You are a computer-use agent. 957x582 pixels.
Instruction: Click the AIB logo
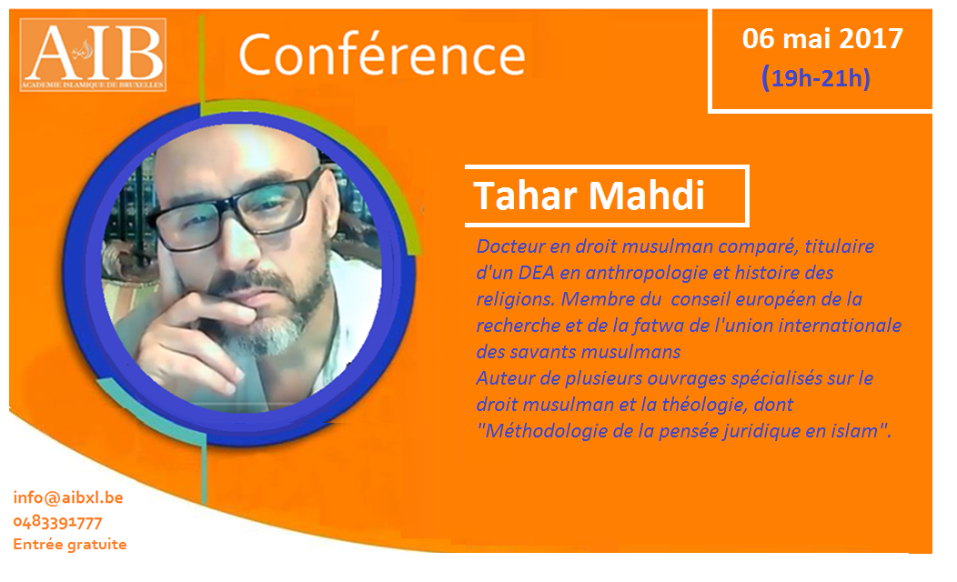[94, 55]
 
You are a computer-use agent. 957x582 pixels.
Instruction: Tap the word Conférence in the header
[382, 55]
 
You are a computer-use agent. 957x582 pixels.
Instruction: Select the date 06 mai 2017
[822, 39]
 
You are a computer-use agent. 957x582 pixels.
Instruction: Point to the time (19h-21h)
[816, 79]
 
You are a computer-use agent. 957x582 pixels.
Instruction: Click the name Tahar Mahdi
[589, 196]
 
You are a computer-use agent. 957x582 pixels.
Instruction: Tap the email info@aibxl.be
[68, 497]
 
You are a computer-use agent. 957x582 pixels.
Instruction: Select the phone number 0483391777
[57, 522]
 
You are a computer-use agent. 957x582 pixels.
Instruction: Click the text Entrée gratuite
[69, 544]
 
